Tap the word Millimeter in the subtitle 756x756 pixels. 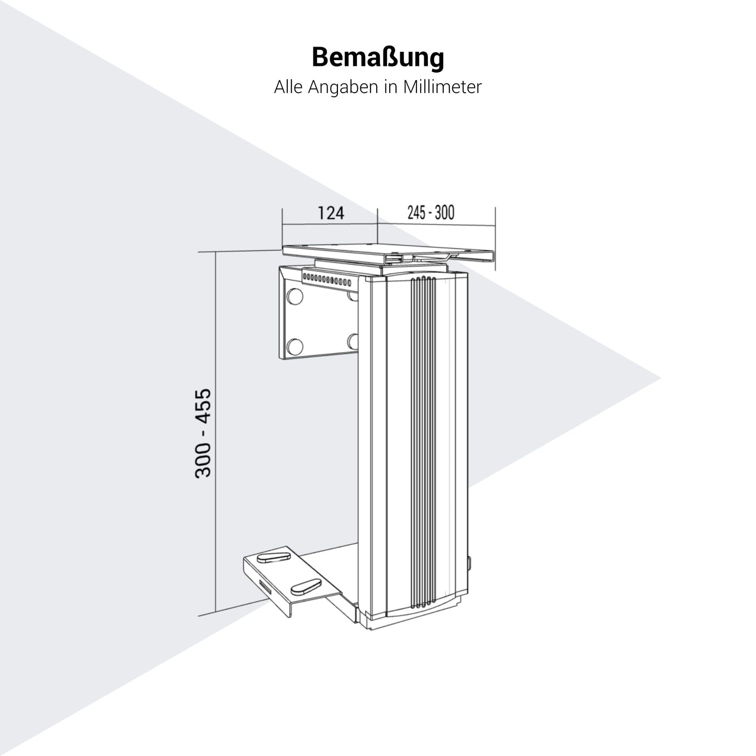point(442,87)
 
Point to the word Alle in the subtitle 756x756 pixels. point(289,87)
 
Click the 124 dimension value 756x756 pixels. point(331,213)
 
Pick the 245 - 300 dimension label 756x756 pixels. point(431,212)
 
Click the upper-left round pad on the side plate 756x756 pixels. point(295,296)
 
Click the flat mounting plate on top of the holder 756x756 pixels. point(388,255)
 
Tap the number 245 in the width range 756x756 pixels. point(416,212)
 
